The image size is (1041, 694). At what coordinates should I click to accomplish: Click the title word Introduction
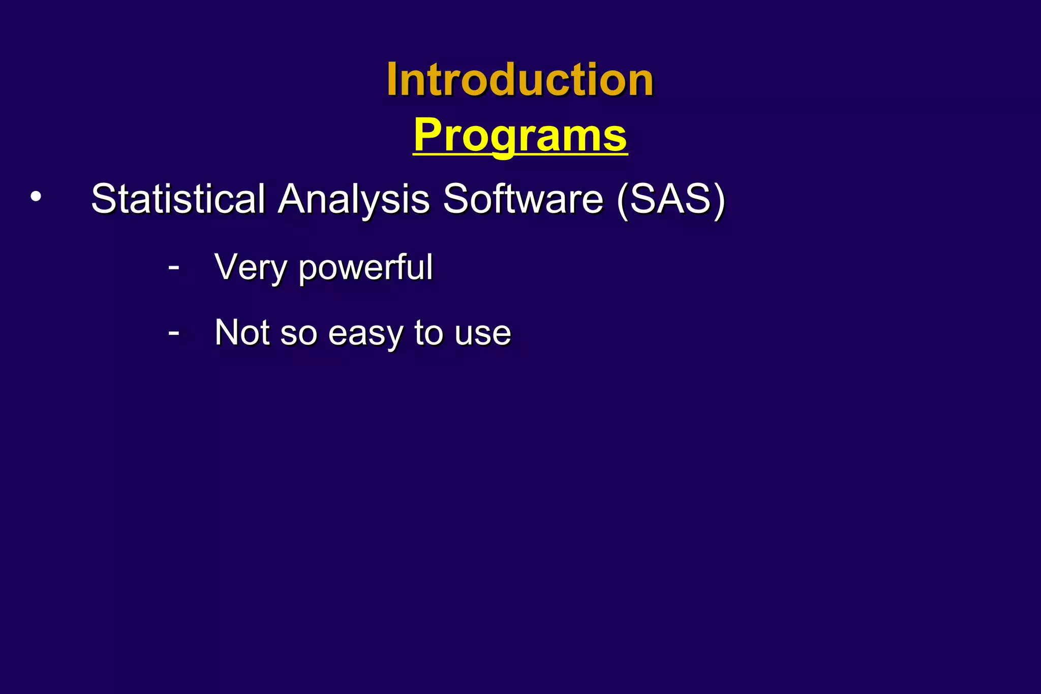click(520, 80)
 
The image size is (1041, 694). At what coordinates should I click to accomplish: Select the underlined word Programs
click(520, 135)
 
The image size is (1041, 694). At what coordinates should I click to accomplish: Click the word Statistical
click(178, 199)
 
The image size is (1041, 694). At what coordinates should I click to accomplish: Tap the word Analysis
click(354, 199)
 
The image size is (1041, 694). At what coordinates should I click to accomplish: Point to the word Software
click(523, 199)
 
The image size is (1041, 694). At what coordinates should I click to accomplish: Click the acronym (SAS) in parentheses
click(670, 199)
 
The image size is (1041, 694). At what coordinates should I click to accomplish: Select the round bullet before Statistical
click(36, 197)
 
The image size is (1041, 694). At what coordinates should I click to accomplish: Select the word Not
click(242, 333)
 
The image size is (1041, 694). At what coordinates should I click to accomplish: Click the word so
click(299, 334)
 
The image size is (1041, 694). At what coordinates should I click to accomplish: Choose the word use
click(483, 334)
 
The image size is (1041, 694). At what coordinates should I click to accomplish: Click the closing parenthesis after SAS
click(719, 200)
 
